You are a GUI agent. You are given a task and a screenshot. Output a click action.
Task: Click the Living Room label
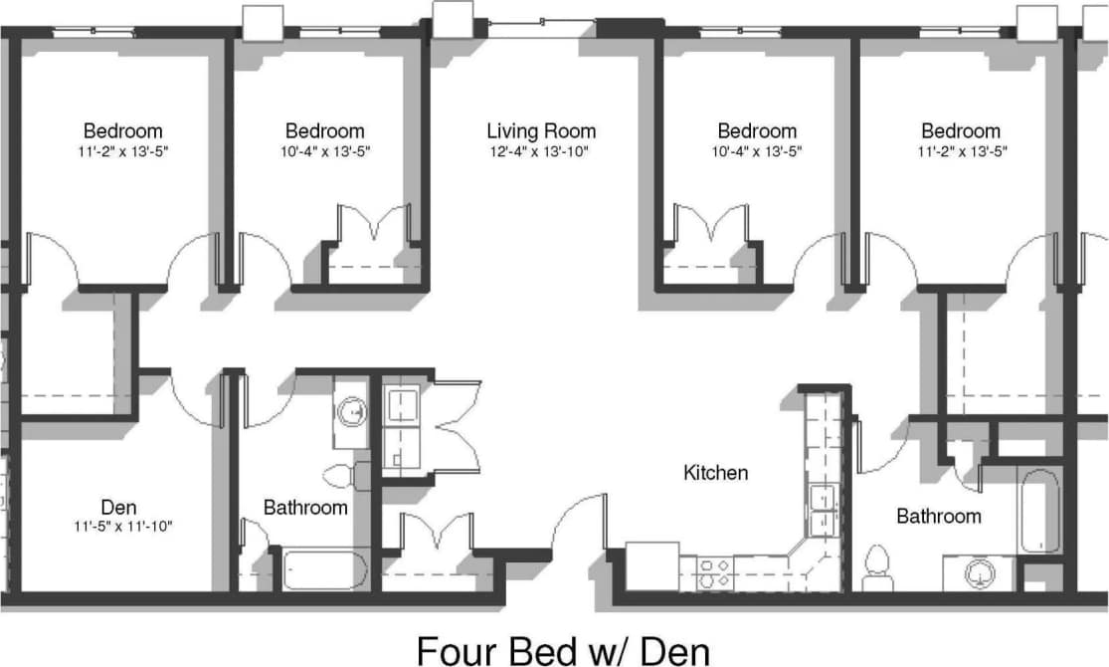541,130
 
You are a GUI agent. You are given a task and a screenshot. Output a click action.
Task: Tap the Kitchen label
715,472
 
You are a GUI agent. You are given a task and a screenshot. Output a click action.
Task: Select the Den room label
118,506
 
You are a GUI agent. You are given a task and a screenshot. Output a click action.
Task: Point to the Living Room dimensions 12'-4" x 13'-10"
541,152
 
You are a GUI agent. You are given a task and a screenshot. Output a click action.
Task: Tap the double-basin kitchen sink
823,510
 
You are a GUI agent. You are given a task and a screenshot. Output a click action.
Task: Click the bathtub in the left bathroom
325,569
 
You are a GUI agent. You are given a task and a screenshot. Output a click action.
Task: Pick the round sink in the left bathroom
351,410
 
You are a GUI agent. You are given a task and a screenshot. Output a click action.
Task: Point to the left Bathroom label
305,508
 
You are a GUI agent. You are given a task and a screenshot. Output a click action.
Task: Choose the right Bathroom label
938,516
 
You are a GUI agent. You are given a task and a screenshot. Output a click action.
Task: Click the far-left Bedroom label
122,130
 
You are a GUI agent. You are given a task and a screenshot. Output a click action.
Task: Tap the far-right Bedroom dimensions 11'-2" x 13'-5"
960,152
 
